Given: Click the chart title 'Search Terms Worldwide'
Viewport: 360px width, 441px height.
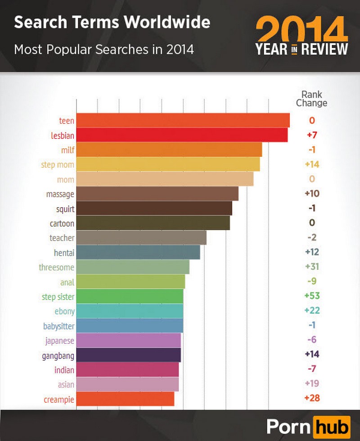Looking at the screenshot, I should click(x=112, y=22).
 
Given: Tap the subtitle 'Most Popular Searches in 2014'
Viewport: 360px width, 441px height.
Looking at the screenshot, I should click(x=104, y=49).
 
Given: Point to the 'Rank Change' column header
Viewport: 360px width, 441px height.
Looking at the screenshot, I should click(x=311, y=99).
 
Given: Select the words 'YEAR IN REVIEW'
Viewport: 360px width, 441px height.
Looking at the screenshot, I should click(x=302, y=49).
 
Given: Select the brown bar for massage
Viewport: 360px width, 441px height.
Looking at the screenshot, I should click(x=157, y=194).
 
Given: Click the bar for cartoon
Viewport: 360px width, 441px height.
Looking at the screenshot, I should click(x=153, y=223).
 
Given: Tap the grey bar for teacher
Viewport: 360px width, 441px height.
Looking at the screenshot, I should click(x=141, y=237).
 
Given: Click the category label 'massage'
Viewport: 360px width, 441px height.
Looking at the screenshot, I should click(x=60, y=194).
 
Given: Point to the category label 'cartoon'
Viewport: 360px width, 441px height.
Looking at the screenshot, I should click(x=62, y=223).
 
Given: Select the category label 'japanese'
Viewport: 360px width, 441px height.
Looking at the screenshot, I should click(x=60, y=341).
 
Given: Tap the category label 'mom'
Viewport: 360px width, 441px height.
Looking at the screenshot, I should click(x=66, y=179).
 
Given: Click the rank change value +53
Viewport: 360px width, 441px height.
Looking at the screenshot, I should click(x=311, y=296).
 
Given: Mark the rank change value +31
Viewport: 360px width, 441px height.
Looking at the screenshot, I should click(x=311, y=267).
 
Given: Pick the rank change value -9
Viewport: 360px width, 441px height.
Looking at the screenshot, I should click(x=311, y=282).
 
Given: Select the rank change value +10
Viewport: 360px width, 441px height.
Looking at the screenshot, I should click(x=311, y=194).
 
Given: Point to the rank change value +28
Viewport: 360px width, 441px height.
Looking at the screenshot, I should click(x=311, y=398).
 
